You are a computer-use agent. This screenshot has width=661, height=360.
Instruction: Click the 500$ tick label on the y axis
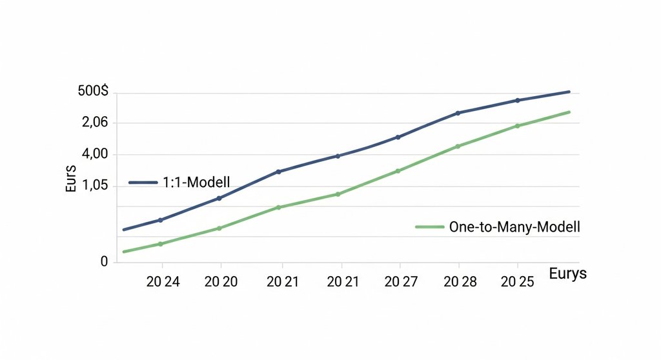(x=93, y=93)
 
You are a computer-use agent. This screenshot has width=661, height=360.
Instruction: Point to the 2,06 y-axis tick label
(x=94, y=123)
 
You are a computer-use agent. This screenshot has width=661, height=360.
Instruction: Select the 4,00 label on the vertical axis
(x=94, y=155)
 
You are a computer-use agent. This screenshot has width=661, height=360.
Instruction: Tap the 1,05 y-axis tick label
(x=94, y=186)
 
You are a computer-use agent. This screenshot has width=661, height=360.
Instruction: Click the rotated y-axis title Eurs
(x=72, y=179)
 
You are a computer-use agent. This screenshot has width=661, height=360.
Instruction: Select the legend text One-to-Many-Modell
(x=514, y=227)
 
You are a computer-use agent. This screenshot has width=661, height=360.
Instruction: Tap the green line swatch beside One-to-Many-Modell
(x=429, y=227)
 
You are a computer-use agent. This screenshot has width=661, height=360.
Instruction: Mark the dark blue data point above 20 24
(x=161, y=220)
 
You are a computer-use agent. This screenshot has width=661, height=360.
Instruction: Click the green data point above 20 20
(x=219, y=228)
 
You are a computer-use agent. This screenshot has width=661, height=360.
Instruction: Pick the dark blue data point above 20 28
(x=458, y=113)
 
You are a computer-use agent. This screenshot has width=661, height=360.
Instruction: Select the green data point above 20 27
(x=398, y=171)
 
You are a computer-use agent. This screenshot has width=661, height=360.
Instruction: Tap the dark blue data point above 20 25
(x=518, y=100)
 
